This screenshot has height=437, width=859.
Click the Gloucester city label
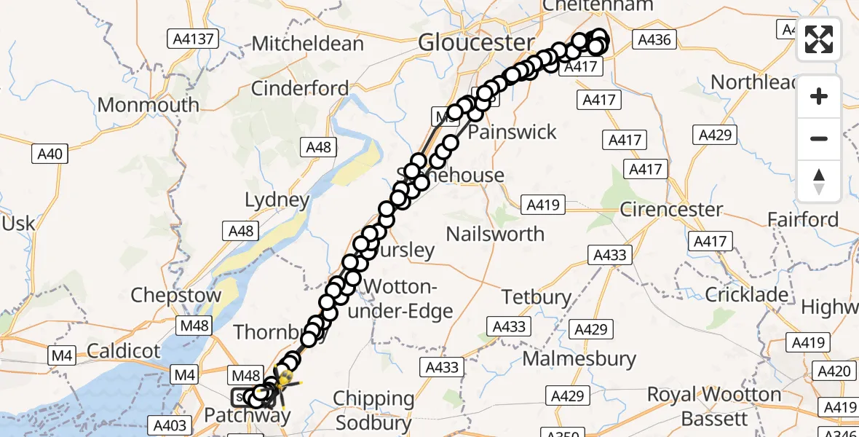point(476,43)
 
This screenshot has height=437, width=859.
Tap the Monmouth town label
point(148,105)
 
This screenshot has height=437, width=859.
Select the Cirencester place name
point(671,210)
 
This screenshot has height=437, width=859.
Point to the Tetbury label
point(537,297)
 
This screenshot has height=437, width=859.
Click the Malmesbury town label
point(579,359)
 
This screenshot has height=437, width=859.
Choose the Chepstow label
point(175,296)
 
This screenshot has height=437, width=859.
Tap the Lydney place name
point(277,200)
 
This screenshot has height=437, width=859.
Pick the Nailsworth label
point(495,234)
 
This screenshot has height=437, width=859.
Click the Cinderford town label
point(300,89)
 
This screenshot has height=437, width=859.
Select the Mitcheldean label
point(308,44)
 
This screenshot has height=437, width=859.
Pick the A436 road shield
point(654,39)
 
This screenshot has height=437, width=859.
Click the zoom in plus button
point(819,96)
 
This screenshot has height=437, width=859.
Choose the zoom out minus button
point(819,138)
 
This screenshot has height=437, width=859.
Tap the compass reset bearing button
point(819,181)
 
